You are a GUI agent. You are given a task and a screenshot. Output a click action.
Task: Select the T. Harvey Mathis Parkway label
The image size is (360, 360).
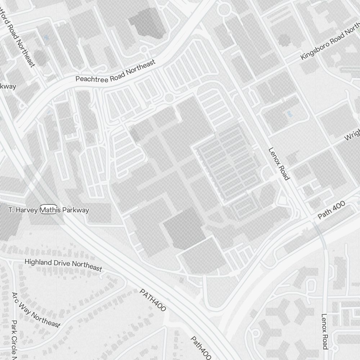pos(49,210)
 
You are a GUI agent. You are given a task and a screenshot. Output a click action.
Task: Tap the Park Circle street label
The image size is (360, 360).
pos(14,340)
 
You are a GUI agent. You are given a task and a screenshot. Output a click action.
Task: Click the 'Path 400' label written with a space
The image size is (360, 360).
pos(331,210)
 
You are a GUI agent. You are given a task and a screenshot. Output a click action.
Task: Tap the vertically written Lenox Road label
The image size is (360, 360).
pos(325,331)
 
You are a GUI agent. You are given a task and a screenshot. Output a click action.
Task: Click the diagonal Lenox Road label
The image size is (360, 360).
pos(279,164)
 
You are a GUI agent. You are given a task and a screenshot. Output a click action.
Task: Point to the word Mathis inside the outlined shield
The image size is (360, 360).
pos(49,210)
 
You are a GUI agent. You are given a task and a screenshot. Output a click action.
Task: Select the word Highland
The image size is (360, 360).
pos(38,262)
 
